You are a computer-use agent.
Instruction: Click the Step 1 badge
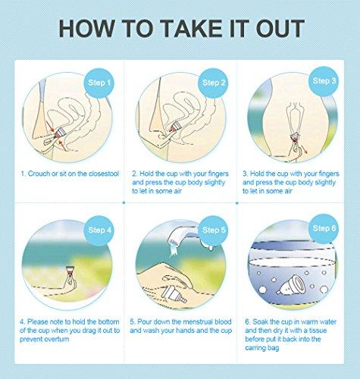click(100, 82)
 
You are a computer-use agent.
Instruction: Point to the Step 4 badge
click(100, 229)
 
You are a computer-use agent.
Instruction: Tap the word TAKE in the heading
click(176, 28)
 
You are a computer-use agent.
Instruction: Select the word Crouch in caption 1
click(40, 174)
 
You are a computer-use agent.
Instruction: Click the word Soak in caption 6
click(261, 321)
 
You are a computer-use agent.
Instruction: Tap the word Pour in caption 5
click(149, 321)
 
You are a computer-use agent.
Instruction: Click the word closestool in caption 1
click(101, 174)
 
